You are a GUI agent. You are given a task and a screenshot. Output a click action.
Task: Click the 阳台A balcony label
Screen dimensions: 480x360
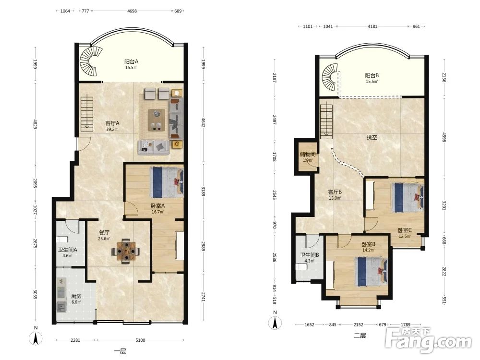click(x=132, y=61)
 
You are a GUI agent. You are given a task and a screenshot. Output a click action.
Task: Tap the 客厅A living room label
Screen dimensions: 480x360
click(x=112, y=123)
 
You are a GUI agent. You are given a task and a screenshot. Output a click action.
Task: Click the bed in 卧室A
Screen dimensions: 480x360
click(x=167, y=182)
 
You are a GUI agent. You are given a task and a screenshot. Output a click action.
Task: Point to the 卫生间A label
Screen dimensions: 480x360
click(x=68, y=250)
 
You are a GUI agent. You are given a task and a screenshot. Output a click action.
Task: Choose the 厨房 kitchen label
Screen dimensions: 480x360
click(x=76, y=296)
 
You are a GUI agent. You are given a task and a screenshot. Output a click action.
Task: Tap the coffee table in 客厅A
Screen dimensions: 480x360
click(x=156, y=120)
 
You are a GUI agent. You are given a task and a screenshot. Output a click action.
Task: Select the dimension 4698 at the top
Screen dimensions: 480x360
click(x=132, y=11)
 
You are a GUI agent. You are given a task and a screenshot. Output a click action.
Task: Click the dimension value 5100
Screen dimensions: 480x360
click(x=140, y=340)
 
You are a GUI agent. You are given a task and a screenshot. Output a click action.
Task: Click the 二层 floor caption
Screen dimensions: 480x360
click(x=360, y=336)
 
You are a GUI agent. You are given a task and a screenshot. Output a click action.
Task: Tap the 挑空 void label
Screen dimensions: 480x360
click(x=372, y=137)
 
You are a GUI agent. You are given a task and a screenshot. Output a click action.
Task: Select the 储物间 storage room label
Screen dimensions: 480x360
click(x=308, y=154)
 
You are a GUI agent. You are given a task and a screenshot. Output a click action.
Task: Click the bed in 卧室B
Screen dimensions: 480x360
click(x=372, y=272)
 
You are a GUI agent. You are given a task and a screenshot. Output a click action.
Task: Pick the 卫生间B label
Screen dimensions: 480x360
click(x=310, y=255)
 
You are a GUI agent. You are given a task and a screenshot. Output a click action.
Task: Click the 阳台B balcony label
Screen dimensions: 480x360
click(x=372, y=75)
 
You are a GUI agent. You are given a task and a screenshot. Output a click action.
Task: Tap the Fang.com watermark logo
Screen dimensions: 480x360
click(x=429, y=340)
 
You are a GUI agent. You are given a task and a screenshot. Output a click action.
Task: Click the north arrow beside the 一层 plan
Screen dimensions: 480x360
click(x=36, y=338)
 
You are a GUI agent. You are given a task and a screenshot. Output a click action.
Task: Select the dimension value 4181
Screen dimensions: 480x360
click(x=372, y=26)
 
